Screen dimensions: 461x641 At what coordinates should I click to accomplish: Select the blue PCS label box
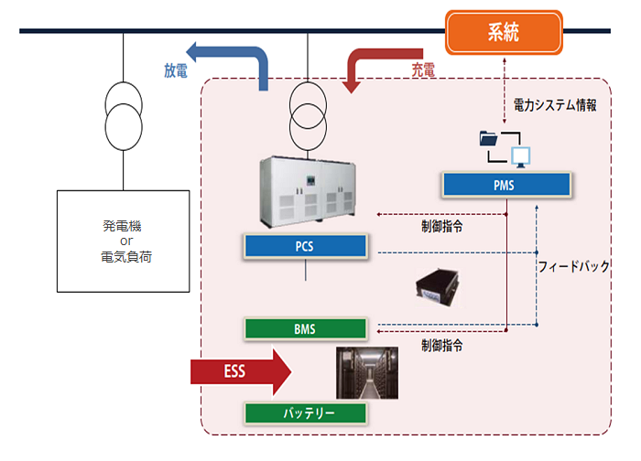click(x=306, y=247)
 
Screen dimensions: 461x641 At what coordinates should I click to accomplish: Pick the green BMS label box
click(x=306, y=327)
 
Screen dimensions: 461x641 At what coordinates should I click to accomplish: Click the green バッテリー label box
click(x=306, y=413)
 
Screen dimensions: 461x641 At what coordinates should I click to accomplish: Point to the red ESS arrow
click(x=240, y=372)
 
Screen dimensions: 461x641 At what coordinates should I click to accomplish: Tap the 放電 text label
click(x=177, y=70)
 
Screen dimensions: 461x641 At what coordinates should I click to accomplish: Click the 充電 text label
click(x=422, y=69)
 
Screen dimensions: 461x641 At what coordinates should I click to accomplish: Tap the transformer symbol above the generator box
click(x=125, y=111)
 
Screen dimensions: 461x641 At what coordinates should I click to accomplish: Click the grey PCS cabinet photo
click(x=307, y=190)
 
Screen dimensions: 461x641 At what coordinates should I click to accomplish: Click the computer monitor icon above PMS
click(x=521, y=155)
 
